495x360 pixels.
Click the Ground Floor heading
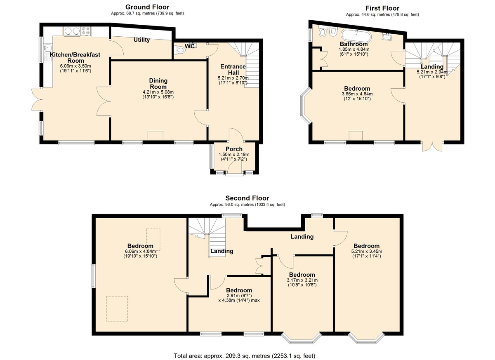click(x=147, y=7)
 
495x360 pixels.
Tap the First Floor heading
click(x=382, y=8)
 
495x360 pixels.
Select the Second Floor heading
click(x=247, y=198)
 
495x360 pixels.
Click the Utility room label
click(x=141, y=40)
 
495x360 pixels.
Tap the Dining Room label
click(x=158, y=84)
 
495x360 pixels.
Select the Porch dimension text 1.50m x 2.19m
click(x=234, y=154)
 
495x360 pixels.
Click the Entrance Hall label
click(x=233, y=70)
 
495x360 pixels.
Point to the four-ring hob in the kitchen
click(x=86, y=31)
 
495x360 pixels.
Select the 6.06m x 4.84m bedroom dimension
click(x=140, y=251)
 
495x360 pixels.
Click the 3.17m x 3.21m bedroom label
click(x=302, y=275)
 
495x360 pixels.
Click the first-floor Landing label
click(x=432, y=66)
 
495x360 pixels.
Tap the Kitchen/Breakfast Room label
click(x=75, y=58)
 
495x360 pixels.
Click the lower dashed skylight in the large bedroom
click(x=117, y=308)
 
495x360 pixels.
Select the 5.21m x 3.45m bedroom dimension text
click(x=367, y=251)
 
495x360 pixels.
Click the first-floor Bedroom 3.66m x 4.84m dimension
click(x=357, y=94)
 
